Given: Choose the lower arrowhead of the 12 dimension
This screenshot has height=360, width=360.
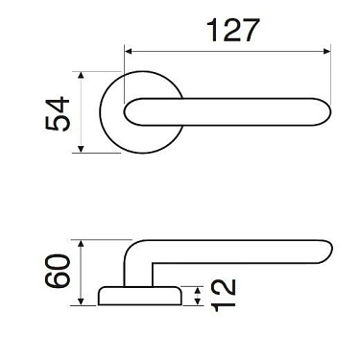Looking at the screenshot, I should [x=197, y=302].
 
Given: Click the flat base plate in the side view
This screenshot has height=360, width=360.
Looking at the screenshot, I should [x=139, y=296].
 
